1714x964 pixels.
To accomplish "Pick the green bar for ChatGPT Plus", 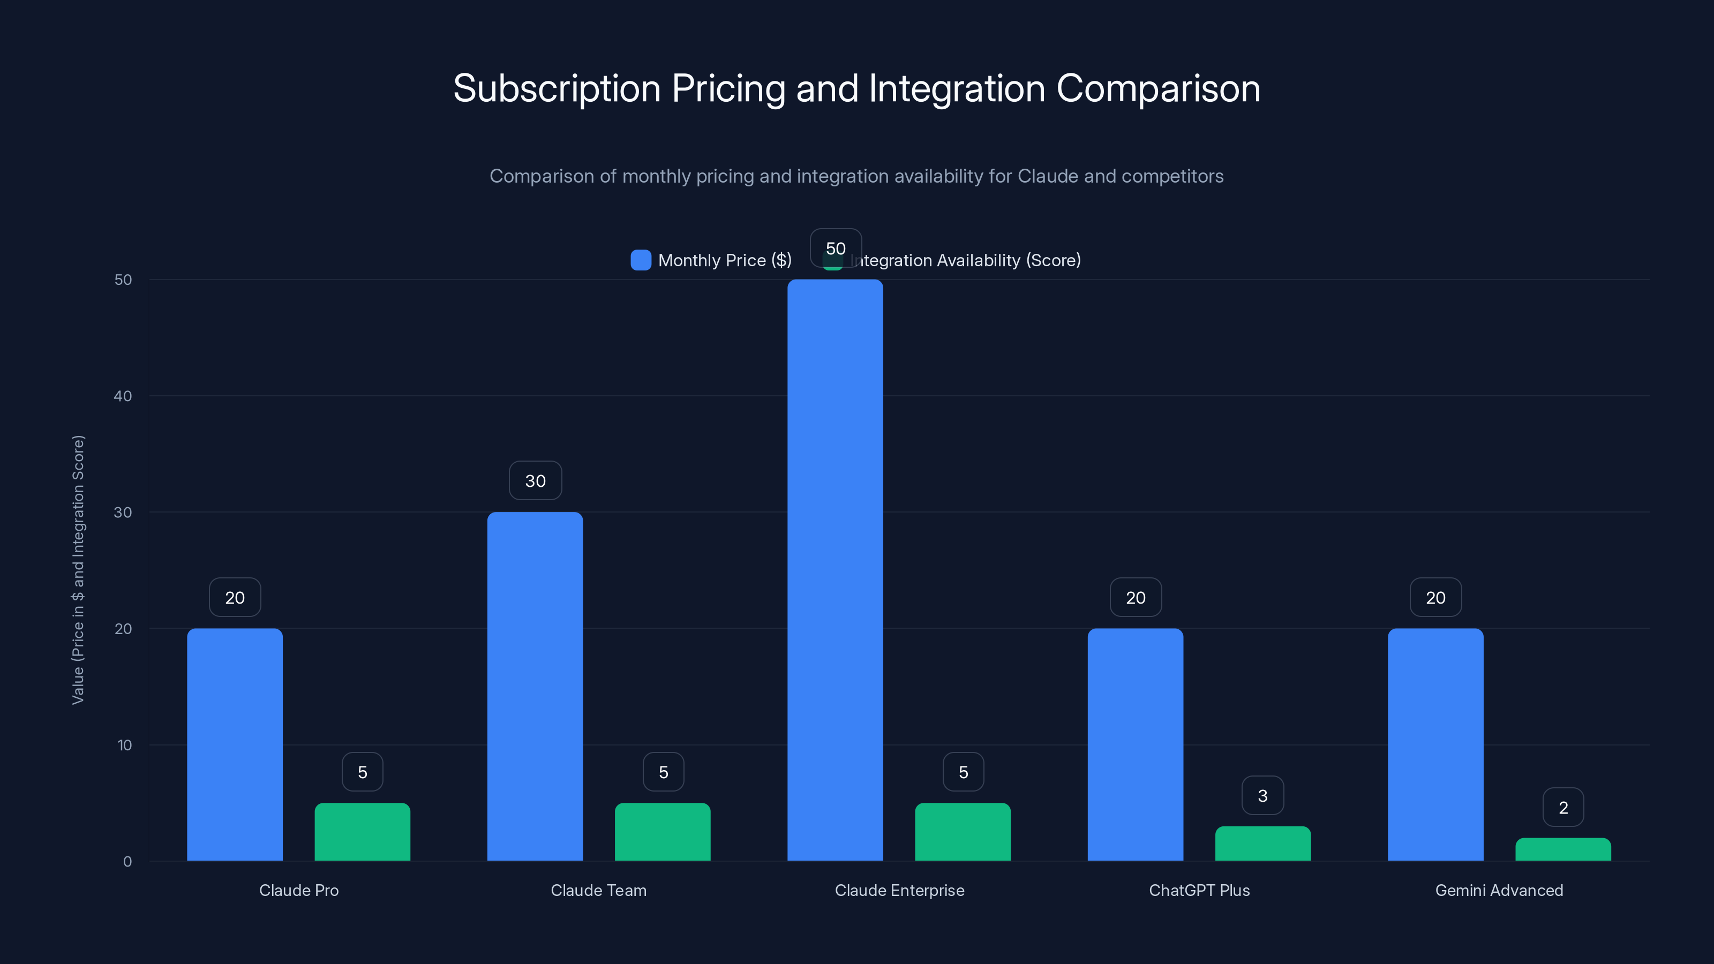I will [x=1263, y=843].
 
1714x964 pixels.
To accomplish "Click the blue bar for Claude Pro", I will [x=235, y=744].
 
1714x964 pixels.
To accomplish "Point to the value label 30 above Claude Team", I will [x=535, y=481].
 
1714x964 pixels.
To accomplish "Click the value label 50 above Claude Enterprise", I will [x=836, y=248].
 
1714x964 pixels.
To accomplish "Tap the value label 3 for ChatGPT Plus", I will [x=1263, y=796].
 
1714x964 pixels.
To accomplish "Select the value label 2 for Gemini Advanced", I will [x=1563, y=808].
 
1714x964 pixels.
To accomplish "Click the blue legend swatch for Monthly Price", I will [x=641, y=260].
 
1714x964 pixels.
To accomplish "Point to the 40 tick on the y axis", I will [x=123, y=396].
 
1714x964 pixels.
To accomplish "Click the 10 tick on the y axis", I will [x=124, y=745].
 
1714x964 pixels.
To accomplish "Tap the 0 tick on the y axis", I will [x=127, y=862].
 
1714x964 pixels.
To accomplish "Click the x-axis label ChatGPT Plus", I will [x=1199, y=890].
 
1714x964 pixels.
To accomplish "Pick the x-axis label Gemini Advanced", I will [x=1499, y=890].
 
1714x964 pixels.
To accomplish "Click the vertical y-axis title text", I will [x=78, y=569].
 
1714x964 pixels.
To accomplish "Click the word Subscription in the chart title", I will [x=557, y=88].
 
